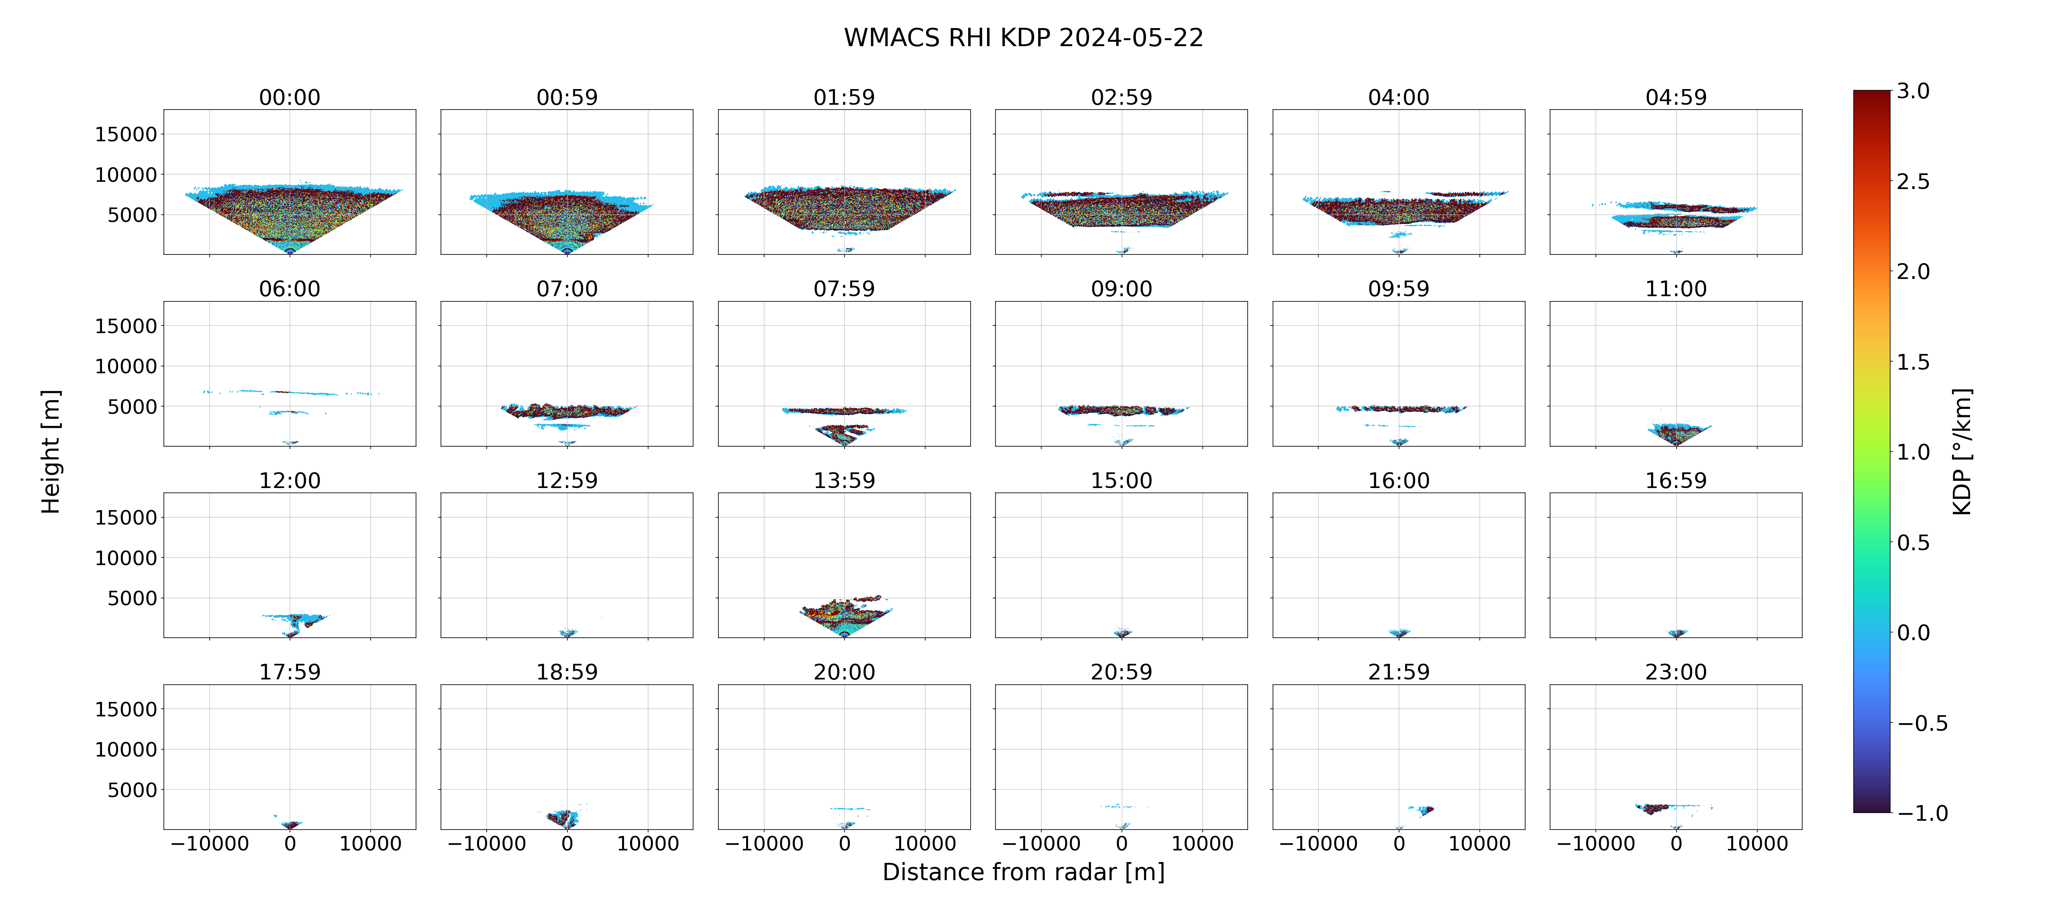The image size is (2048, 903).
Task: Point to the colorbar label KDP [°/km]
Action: [1962, 451]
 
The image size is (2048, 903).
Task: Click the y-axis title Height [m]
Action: [50, 451]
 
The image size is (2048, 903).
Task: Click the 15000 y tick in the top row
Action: [126, 134]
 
